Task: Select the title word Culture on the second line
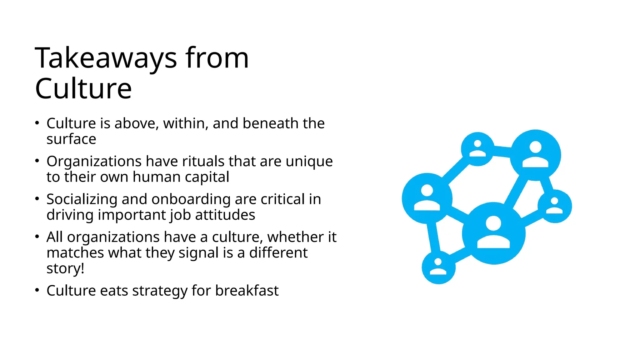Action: click(83, 89)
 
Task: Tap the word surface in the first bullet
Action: click(71, 139)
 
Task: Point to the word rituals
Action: click(203, 162)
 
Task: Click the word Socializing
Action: click(82, 199)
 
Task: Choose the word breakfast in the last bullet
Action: click(247, 291)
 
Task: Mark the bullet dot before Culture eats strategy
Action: click(37, 290)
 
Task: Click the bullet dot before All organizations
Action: click(37, 237)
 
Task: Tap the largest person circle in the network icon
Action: click(493, 233)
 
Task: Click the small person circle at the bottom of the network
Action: click(438, 267)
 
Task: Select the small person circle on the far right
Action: click(555, 206)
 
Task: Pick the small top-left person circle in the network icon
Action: click(477, 149)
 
